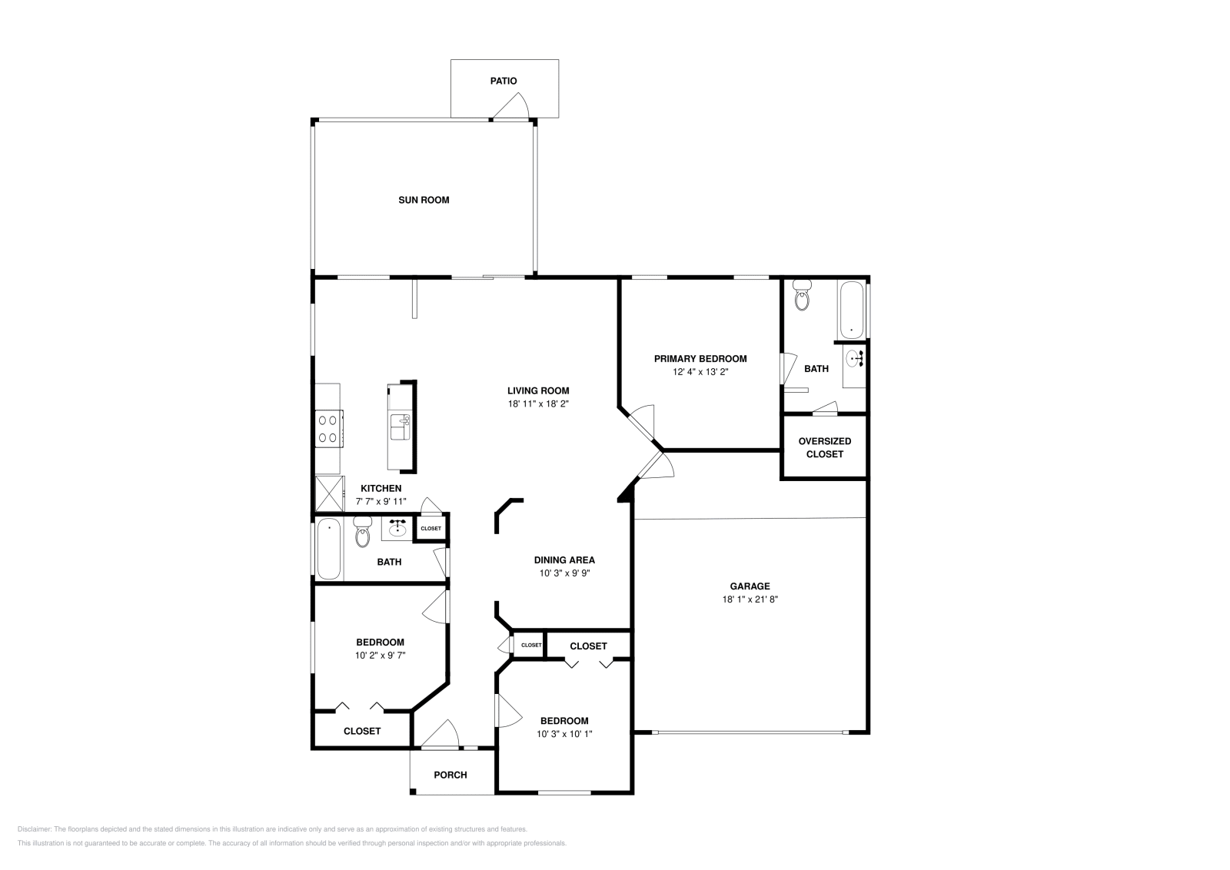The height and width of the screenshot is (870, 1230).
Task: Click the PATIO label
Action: pyautogui.click(x=504, y=81)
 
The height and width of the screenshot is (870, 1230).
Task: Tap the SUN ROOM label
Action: pyautogui.click(x=424, y=200)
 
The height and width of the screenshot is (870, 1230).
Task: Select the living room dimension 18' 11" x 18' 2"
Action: pyautogui.click(x=537, y=403)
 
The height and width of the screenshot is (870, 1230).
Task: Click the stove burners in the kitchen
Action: pyautogui.click(x=329, y=429)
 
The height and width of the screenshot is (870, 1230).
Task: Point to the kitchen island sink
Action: pyautogui.click(x=400, y=425)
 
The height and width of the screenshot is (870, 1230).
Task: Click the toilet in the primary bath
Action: pyautogui.click(x=802, y=295)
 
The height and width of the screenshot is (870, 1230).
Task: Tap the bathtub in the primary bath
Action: pyautogui.click(x=851, y=310)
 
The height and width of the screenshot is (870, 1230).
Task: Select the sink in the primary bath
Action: pyautogui.click(x=854, y=358)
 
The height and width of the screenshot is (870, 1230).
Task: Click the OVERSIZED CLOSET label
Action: pyautogui.click(x=824, y=447)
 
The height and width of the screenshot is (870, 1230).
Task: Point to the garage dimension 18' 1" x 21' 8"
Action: pyautogui.click(x=750, y=599)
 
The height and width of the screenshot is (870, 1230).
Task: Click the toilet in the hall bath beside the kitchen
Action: pyautogui.click(x=362, y=533)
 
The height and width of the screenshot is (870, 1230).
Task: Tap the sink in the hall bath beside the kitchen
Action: pyautogui.click(x=397, y=529)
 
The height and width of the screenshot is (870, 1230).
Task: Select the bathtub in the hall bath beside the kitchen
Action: pyautogui.click(x=329, y=550)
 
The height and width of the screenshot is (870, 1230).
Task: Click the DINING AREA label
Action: pyautogui.click(x=564, y=560)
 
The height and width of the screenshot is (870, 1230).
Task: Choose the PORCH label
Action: pyautogui.click(x=450, y=775)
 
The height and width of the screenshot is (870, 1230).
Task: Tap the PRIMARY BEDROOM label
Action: pyautogui.click(x=700, y=358)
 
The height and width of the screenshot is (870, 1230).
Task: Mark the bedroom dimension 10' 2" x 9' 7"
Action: pyautogui.click(x=380, y=656)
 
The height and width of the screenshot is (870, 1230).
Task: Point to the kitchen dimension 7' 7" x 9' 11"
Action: pyautogui.click(x=381, y=501)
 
